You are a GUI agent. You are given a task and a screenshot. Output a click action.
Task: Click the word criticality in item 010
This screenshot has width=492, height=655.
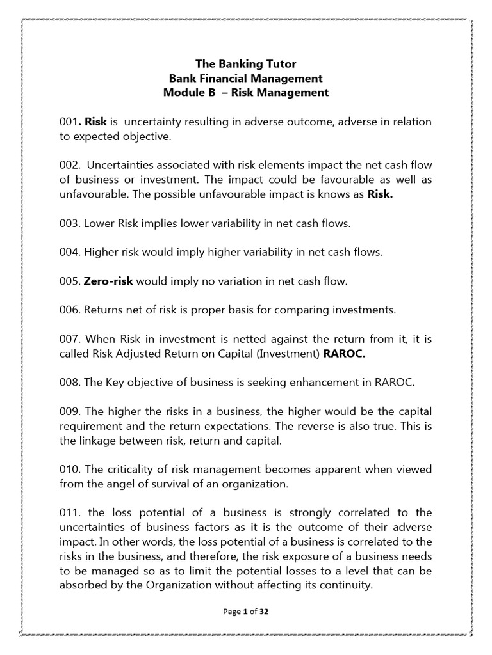click(x=125, y=470)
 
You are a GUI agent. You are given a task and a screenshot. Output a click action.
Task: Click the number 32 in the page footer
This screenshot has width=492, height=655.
click(x=264, y=612)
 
